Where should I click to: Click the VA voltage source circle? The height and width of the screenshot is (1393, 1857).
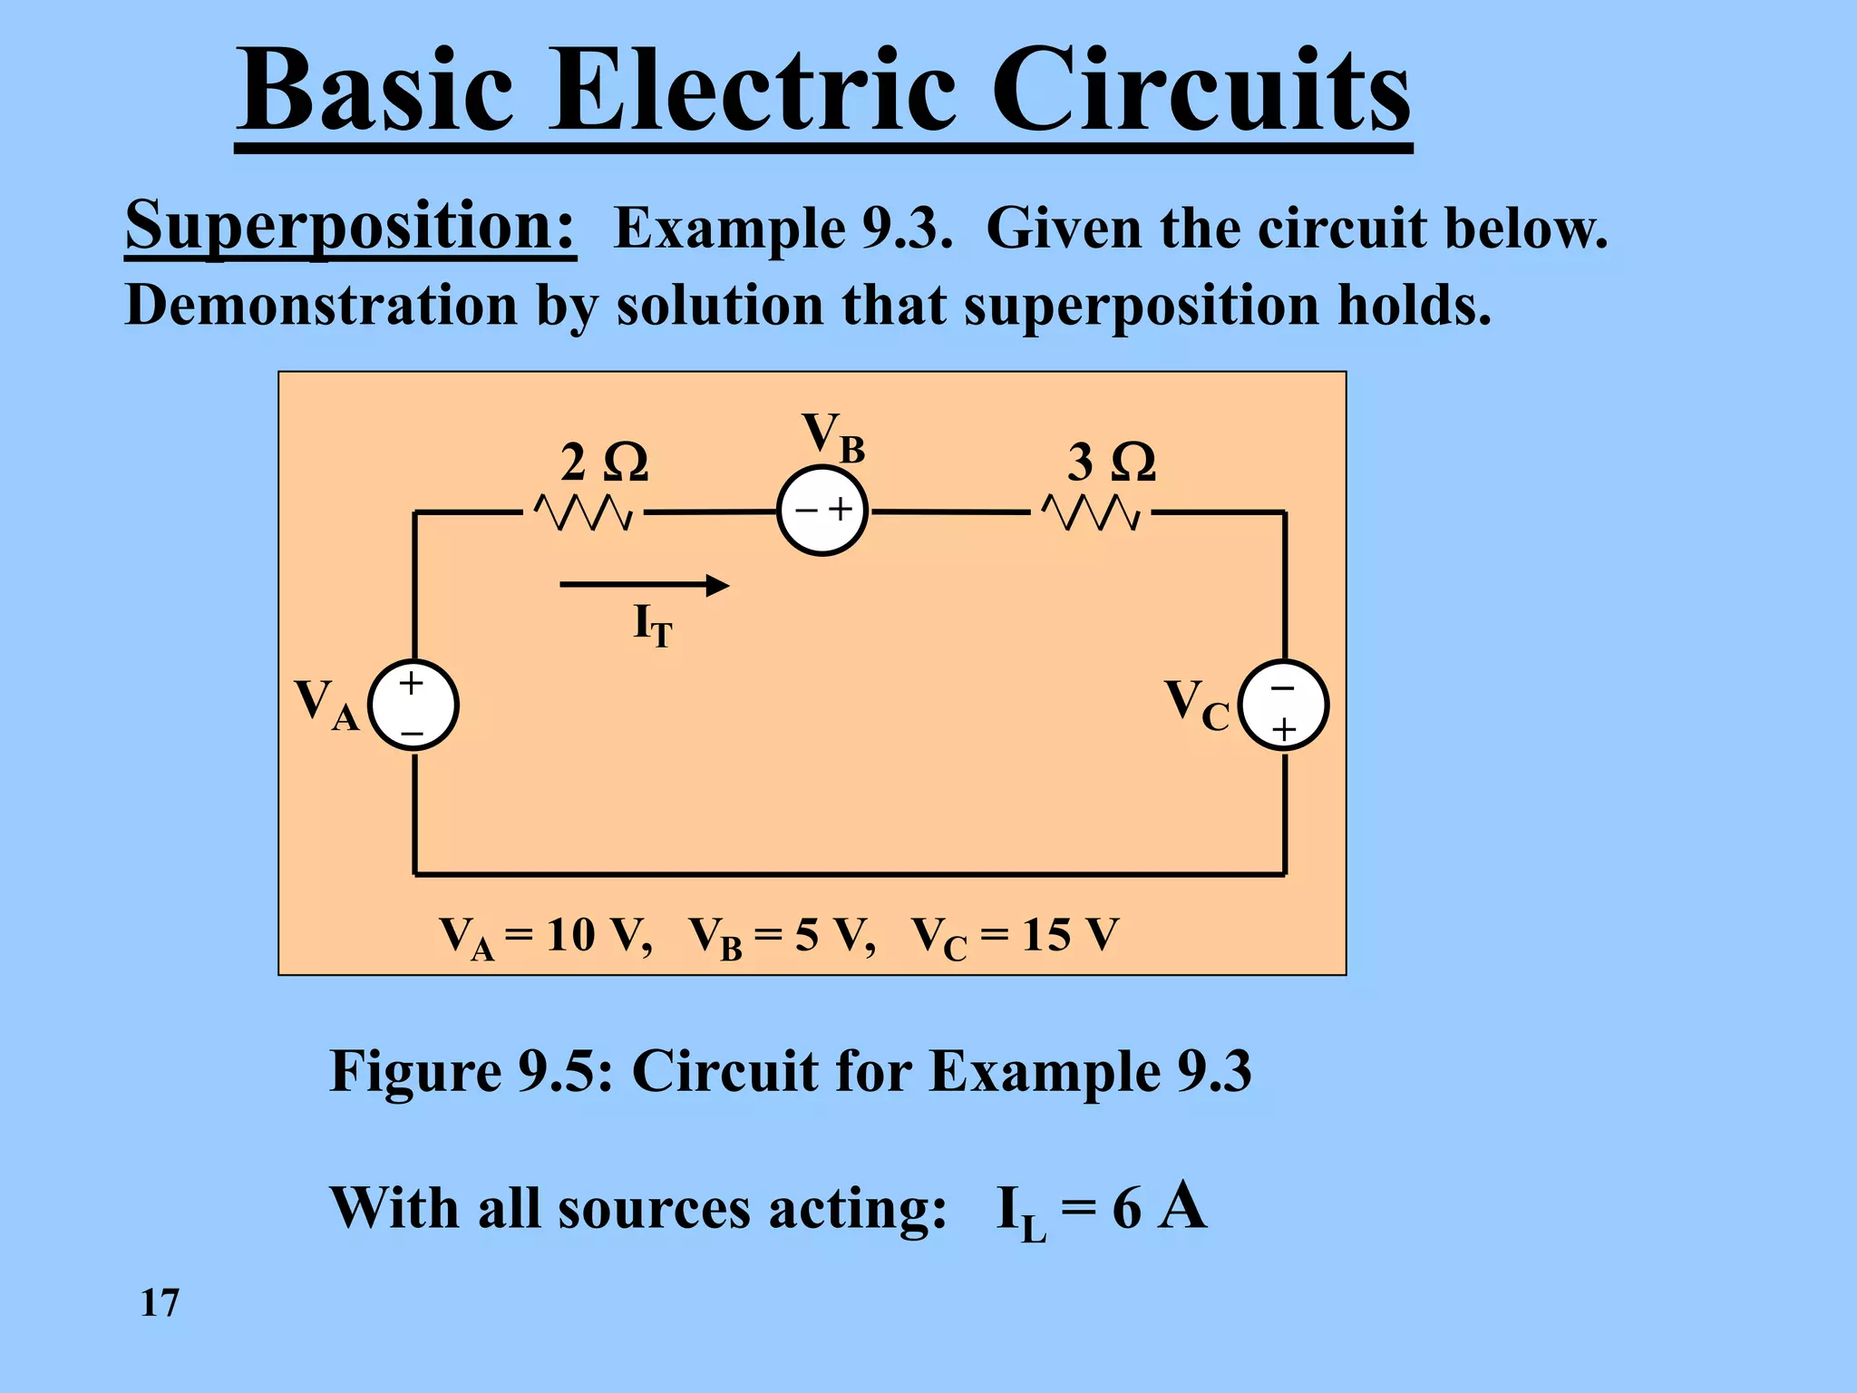413,706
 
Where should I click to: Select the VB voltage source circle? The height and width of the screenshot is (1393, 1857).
822,511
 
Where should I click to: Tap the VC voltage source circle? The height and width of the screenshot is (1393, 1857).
1283,706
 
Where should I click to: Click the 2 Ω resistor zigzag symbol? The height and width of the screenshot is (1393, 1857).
584,513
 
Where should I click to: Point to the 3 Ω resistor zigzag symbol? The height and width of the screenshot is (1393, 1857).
1092,513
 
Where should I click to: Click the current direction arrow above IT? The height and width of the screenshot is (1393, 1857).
644,585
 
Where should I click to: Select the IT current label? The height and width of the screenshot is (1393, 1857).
652,625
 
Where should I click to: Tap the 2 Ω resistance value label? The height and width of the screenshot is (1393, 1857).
604,463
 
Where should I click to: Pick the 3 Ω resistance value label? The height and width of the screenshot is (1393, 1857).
1112,463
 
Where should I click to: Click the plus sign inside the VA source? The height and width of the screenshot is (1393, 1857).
412,683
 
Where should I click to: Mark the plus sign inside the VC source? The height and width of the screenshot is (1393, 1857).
1283,729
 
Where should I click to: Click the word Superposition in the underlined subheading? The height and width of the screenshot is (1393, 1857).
349,226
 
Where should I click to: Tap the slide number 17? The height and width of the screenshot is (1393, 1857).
160,1302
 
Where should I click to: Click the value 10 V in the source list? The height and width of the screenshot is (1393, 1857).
598,935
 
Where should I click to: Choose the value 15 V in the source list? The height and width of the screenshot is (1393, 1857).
1071,935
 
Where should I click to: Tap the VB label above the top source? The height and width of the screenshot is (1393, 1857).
833,436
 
